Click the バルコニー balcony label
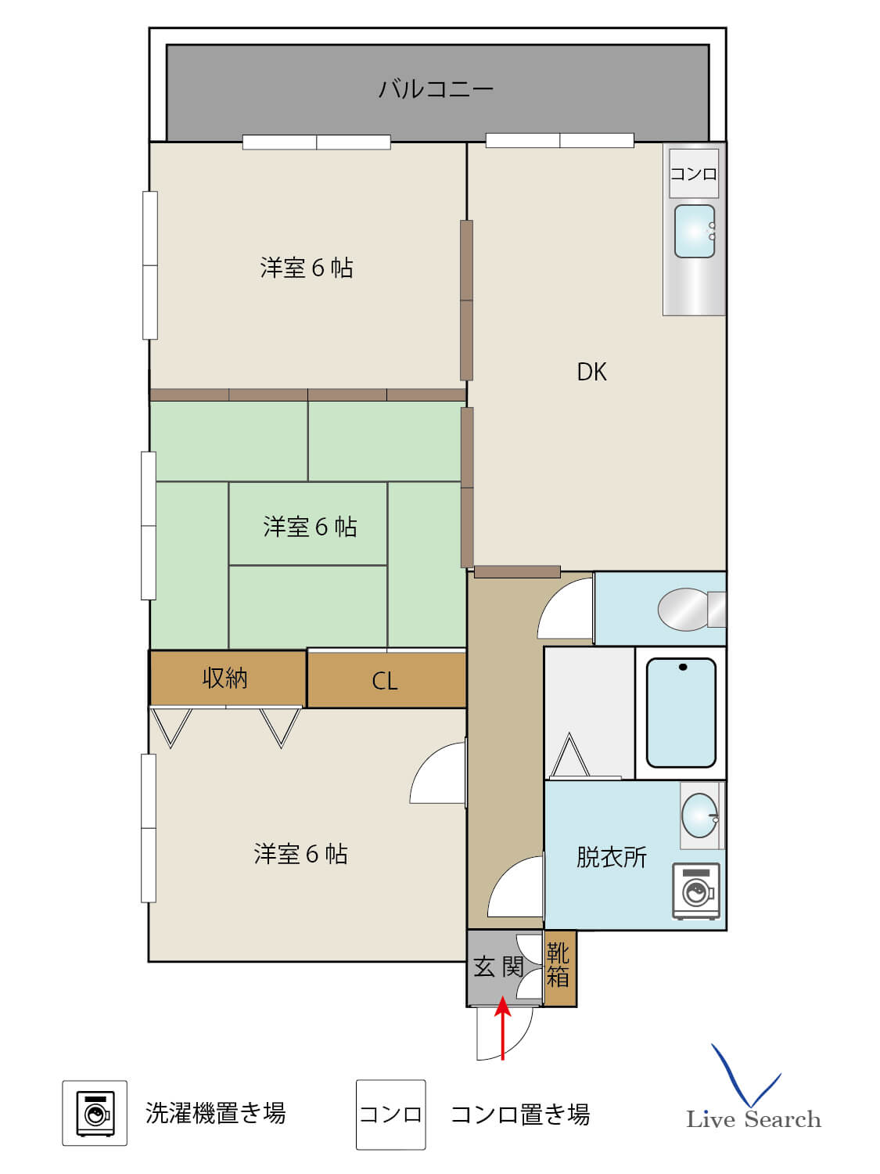click(x=436, y=88)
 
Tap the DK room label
click(x=591, y=373)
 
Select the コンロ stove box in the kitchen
click(x=694, y=174)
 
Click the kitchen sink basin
click(x=694, y=231)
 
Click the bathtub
click(x=681, y=712)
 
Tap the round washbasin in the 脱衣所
click(x=699, y=816)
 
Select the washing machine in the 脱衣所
click(x=695, y=891)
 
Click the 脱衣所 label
click(x=611, y=857)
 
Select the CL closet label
click(x=385, y=681)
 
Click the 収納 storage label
click(x=225, y=679)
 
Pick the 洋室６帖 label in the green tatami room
click(x=310, y=527)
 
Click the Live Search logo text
click(x=753, y=1119)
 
